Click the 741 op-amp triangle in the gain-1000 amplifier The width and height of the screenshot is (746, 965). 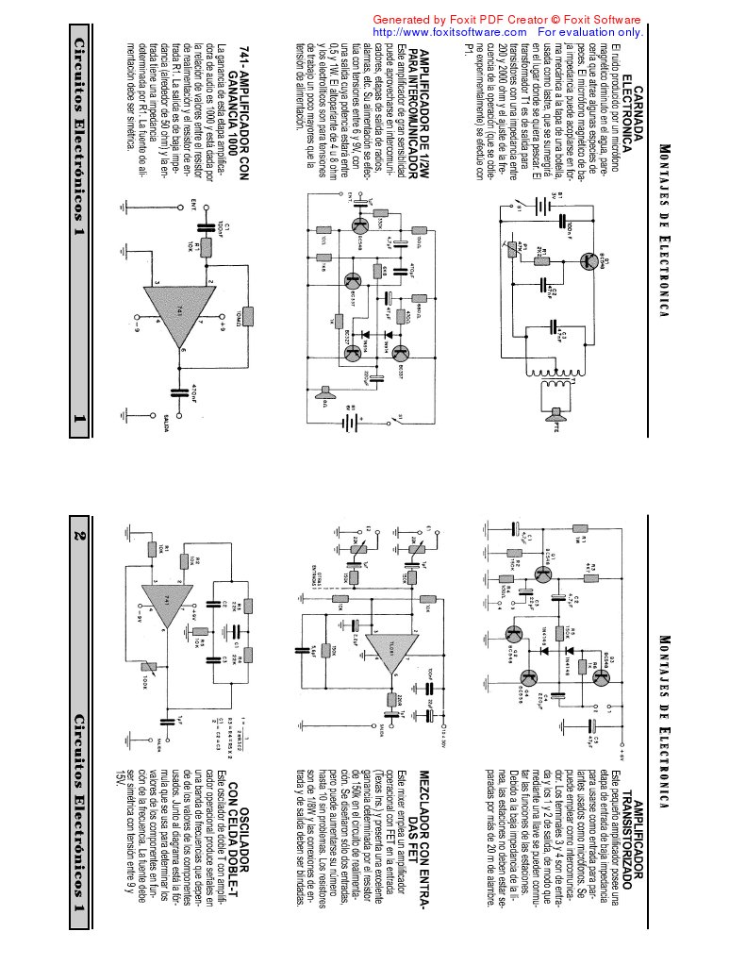[174, 324]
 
